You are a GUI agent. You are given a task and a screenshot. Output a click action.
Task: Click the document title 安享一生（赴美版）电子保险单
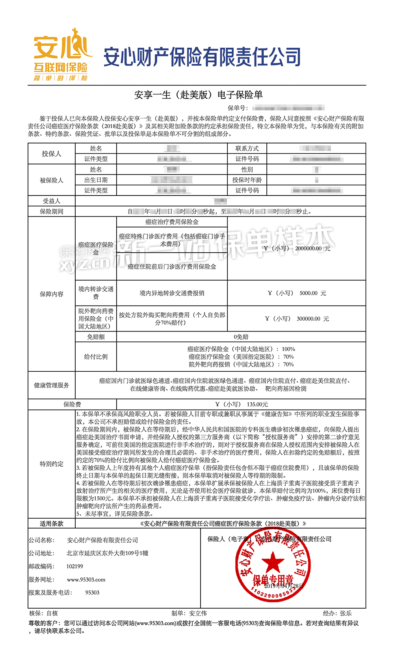pos(198,95)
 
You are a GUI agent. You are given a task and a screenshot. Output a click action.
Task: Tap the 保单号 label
pos(238,108)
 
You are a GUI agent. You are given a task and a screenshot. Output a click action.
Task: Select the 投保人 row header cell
pos(52,154)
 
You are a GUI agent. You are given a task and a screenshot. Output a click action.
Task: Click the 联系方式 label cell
pos(247,149)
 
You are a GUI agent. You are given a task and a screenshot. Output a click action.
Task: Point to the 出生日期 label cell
pos(96,180)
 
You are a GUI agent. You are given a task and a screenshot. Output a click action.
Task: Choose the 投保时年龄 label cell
pos(247,180)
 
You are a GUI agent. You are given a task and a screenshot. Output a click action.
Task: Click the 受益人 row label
pos(52,201)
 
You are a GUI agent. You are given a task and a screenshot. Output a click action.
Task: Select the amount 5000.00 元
pos(312,293)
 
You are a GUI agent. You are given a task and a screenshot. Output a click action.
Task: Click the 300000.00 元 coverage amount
pos(312,318)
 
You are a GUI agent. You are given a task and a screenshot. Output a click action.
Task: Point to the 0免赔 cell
pos(241,337)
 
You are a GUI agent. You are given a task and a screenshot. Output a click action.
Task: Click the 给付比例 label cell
pos(96,357)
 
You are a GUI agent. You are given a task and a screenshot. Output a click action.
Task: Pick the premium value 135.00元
pos(257,404)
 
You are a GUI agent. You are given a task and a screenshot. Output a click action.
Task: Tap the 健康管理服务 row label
pos(52,385)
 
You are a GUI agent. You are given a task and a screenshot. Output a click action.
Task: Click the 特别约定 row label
pos(52,464)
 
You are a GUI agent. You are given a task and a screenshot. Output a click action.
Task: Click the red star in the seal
pos(273,562)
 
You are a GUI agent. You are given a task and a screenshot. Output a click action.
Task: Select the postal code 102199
pos(75,566)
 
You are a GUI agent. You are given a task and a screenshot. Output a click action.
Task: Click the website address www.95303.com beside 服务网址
pos(86,580)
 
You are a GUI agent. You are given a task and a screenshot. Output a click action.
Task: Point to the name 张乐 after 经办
pos(346,613)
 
